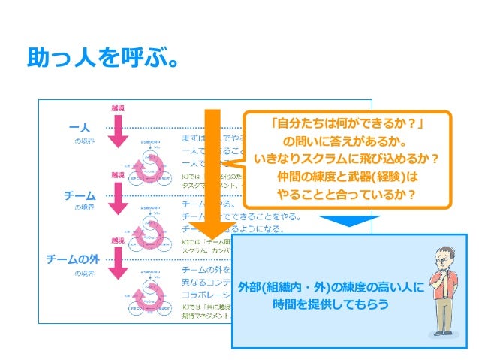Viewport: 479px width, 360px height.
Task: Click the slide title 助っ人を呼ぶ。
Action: click(x=102, y=57)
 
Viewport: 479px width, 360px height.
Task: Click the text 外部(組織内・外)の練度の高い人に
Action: click(x=331, y=287)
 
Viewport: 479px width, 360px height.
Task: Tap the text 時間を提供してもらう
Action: click(x=331, y=304)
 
